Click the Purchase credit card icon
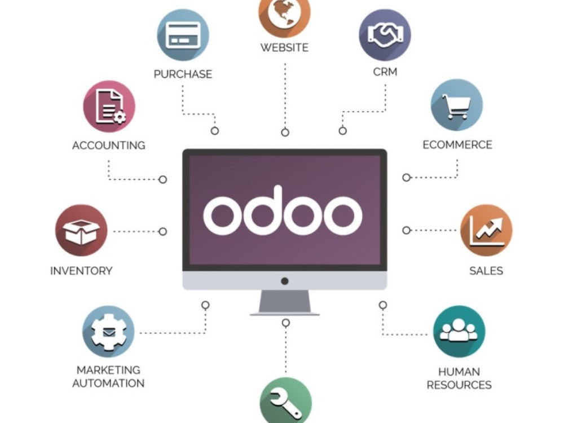[x=183, y=35]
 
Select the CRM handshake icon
[x=385, y=35]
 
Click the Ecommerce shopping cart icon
[x=457, y=105]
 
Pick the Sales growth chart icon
[x=486, y=230]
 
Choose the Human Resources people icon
[x=459, y=331]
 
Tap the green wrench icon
[x=285, y=400]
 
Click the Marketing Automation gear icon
[x=108, y=331]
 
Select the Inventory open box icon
[x=81, y=230]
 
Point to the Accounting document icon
[x=109, y=107]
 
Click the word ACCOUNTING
[x=109, y=146]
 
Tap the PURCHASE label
[x=183, y=74]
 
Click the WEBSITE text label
[x=284, y=47]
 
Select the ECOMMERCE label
[x=457, y=144]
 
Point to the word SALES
[x=486, y=271]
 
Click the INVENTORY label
[x=81, y=271]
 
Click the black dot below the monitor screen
[x=284, y=281]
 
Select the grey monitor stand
[x=284, y=303]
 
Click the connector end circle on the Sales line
[x=407, y=230]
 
